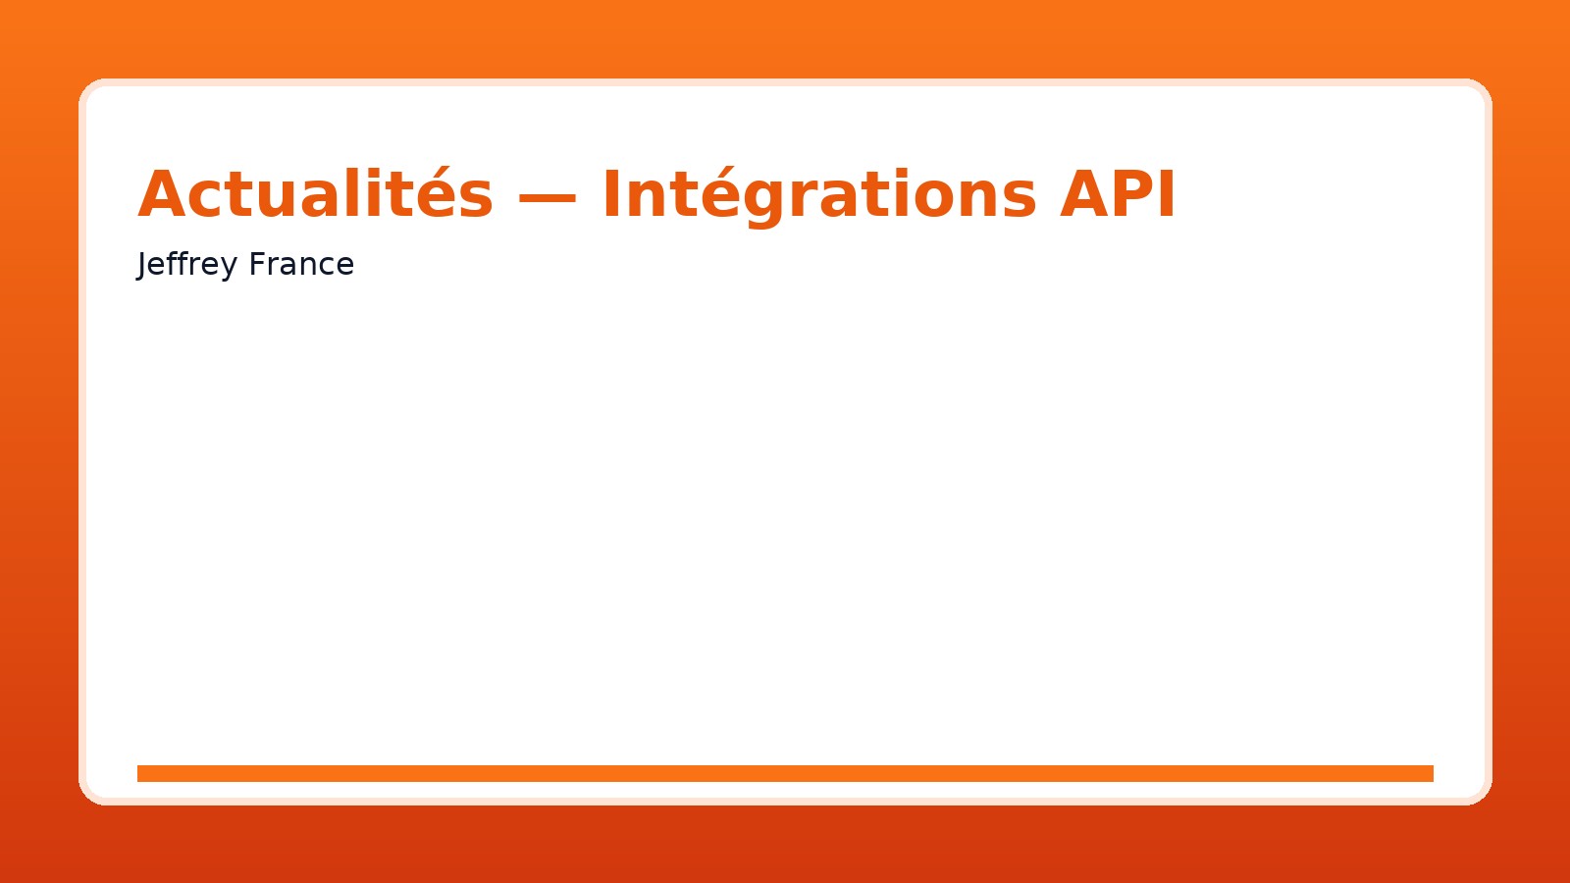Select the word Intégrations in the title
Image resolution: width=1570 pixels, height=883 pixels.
coord(818,197)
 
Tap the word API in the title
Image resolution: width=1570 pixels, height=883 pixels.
coord(1118,194)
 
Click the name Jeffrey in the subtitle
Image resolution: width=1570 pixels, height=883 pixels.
coord(187,265)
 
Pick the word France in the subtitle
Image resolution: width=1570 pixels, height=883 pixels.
coord(301,264)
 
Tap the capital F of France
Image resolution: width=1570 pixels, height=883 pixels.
coord(257,264)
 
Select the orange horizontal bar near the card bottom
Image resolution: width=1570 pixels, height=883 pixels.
coord(785,773)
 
